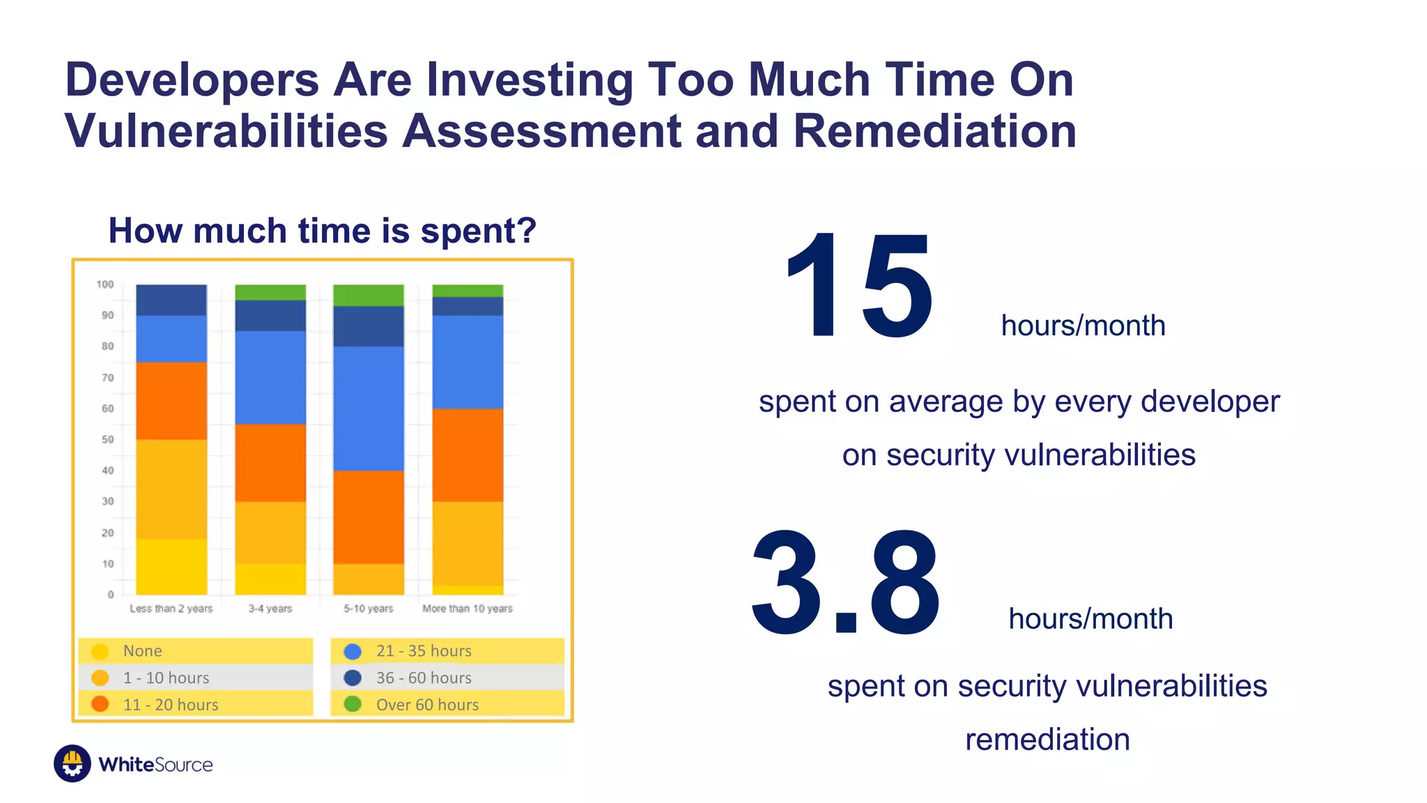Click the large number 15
(858, 287)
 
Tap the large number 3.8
(845, 583)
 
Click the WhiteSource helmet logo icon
(72, 763)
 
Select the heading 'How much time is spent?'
(322, 231)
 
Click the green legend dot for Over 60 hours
(353, 704)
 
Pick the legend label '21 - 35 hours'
(424, 651)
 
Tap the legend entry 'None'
(142, 651)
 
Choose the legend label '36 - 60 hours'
(424, 678)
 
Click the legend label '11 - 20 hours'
(171, 705)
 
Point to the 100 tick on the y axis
(105, 284)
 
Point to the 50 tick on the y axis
(107, 439)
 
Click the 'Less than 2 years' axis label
(171, 609)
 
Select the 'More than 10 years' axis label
(467, 609)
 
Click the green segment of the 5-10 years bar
(369, 295)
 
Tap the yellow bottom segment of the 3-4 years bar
(270, 579)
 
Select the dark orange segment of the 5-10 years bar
(369, 517)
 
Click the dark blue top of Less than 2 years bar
(171, 300)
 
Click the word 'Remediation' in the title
(934, 131)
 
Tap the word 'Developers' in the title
(192, 79)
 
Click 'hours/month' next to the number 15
(1083, 326)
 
